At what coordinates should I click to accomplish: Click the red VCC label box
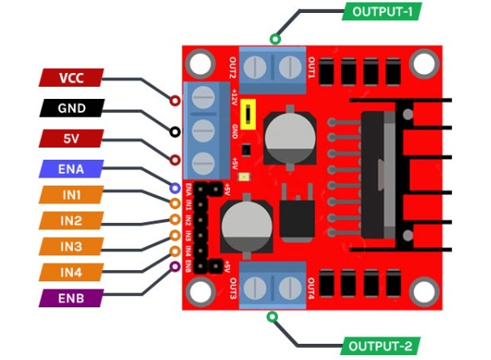[x=71, y=78]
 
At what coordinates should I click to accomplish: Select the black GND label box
[x=71, y=108]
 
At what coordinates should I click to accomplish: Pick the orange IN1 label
[x=71, y=195]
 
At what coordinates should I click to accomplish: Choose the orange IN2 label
[x=71, y=221]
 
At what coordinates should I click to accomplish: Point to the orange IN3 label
[x=71, y=246]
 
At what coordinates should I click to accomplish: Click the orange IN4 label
[x=71, y=272]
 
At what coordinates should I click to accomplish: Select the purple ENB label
[x=71, y=298]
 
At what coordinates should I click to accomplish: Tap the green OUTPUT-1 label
[x=382, y=11]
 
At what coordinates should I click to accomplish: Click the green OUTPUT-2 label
[x=382, y=346]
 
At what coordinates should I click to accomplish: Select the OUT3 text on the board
[x=233, y=289]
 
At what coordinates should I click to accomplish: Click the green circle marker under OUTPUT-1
[x=275, y=38]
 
